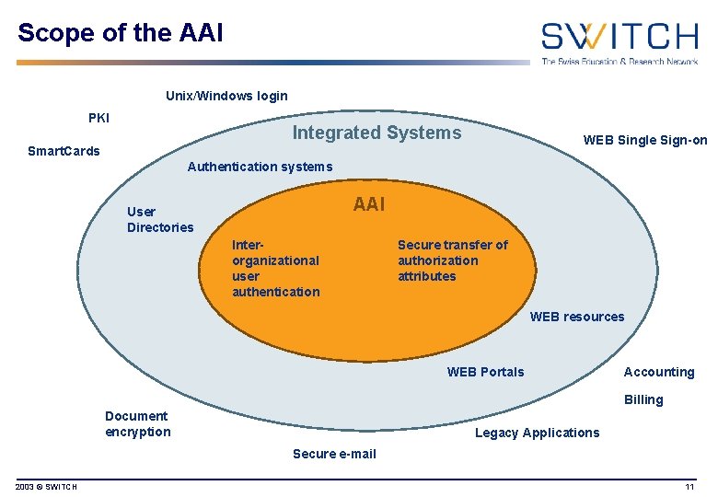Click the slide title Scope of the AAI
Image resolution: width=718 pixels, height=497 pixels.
point(120,33)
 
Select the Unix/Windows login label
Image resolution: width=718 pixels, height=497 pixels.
point(226,96)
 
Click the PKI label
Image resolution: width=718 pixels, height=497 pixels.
point(98,118)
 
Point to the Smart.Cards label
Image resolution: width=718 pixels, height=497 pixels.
point(64,151)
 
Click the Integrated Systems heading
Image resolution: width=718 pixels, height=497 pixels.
point(376,133)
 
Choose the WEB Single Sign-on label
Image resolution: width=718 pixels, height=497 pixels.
point(645,140)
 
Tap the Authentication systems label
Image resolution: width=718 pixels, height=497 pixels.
point(260,167)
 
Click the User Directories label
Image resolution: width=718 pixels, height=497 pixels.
point(160,219)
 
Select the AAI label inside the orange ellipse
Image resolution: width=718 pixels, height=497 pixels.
point(369,204)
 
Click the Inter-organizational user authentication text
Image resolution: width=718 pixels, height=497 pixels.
point(275,268)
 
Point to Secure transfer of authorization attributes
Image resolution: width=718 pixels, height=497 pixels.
point(452,260)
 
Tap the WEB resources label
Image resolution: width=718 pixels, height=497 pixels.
point(576,317)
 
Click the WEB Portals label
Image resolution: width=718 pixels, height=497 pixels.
point(485,372)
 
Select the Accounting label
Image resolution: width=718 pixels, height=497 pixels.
point(659,372)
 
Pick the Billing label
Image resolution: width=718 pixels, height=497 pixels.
point(643,399)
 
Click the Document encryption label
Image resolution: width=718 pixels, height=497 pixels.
point(138,423)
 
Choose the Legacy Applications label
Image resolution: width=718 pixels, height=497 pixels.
point(537,433)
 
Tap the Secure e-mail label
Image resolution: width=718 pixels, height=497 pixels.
point(334,454)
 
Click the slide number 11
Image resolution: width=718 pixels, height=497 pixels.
point(689,486)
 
